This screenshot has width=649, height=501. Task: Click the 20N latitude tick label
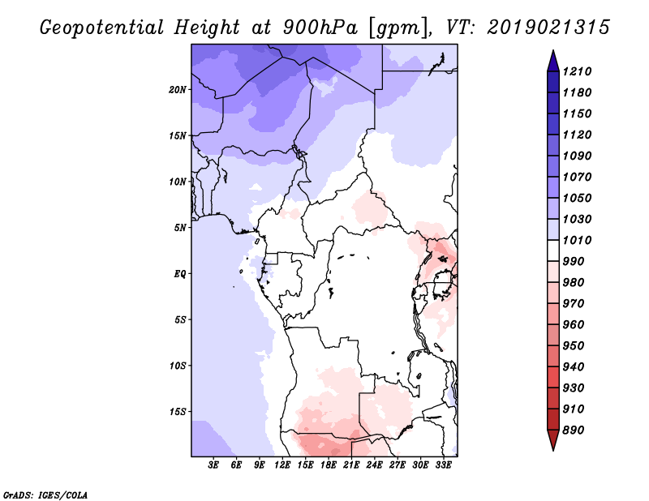(x=178, y=90)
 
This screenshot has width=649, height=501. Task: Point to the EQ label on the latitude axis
(x=179, y=274)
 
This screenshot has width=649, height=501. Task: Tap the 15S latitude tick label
(x=178, y=412)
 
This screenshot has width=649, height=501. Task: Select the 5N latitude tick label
(x=180, y=228)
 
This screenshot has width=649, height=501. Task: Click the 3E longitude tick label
(x=213, y=465)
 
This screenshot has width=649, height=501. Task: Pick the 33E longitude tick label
(x=443, y=465)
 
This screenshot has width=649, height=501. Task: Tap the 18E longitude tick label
(x=329, y=465)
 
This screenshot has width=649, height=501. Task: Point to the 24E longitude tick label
(x=374, y=465)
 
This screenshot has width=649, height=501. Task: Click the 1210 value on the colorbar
(x=577, y=71)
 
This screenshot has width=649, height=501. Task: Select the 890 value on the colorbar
(x=574, y=430)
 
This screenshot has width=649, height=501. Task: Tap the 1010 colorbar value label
(x=577, y=240)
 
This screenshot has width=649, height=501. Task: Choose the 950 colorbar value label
(x=574, y=345)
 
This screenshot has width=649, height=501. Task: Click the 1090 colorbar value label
(x=577, y=156)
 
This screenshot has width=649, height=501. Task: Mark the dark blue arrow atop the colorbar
(x=553, y=61)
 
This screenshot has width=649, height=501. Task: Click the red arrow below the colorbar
(x=553, y=440)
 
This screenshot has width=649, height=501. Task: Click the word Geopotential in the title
(x=102, y=28)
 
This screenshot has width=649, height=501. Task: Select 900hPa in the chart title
(x=320, y=28)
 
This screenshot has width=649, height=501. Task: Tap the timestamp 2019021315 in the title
(x=548, y=28)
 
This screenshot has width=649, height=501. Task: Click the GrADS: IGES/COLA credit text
(x=45, y=495)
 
